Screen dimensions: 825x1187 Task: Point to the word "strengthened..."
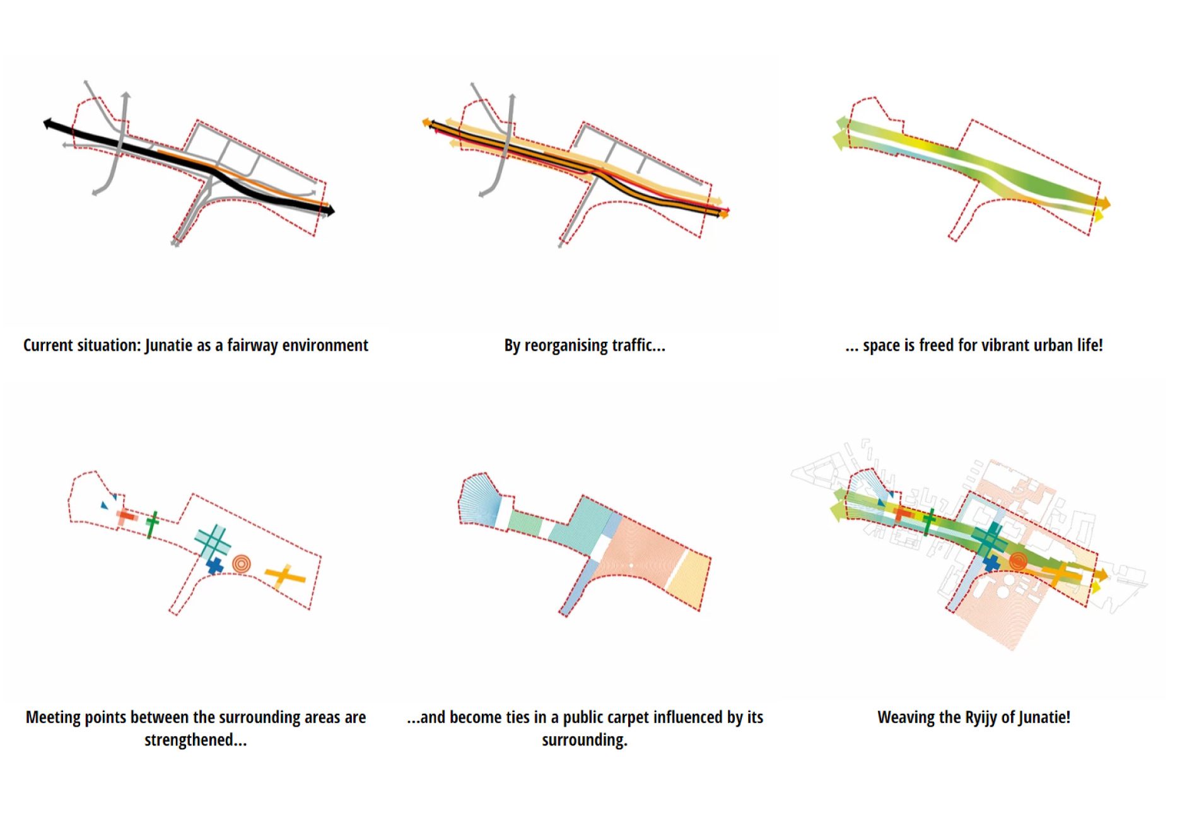tap(196, 740)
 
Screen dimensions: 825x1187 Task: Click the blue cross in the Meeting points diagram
tap(215, 566)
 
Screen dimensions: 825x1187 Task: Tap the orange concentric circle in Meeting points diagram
tap(241, 563)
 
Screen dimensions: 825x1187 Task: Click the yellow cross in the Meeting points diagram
tap(285, 576)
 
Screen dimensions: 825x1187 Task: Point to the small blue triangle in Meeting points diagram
tap(105, 505)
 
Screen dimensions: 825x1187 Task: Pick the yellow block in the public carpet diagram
tap(689, 577)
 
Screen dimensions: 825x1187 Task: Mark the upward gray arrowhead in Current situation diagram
tap(126, 96)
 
